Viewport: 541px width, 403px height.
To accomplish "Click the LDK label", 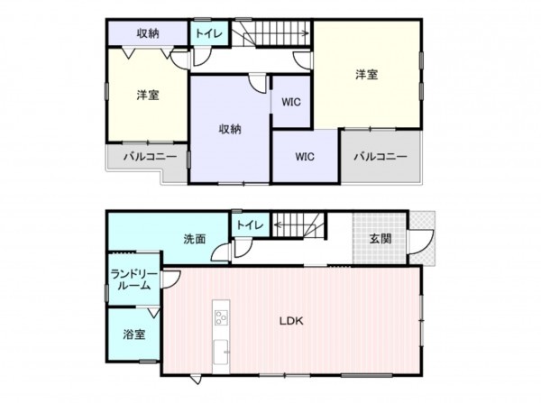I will coord(290,321).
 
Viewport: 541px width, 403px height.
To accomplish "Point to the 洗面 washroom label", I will coord(195,239).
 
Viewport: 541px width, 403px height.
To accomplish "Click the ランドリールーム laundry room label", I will coord(132,279).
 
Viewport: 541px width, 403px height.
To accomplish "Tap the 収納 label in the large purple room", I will coord(230,128).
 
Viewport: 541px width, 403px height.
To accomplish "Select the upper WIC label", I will coord(291,101).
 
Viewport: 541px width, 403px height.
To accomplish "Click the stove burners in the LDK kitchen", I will coord(221,316).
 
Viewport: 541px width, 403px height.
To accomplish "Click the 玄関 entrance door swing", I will coord(419,242).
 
